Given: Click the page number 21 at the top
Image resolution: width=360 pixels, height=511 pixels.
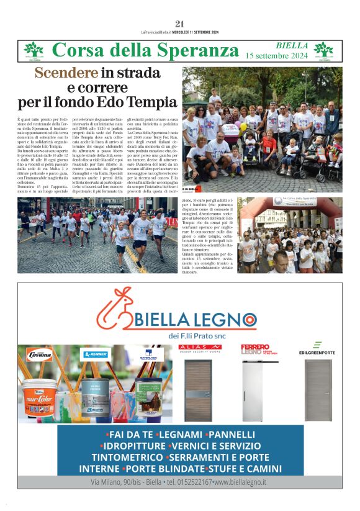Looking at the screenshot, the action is (180, 24).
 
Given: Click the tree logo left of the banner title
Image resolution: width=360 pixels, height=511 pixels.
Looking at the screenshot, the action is (34, 50).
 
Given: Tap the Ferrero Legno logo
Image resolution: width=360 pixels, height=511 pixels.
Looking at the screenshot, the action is (255, 349).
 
